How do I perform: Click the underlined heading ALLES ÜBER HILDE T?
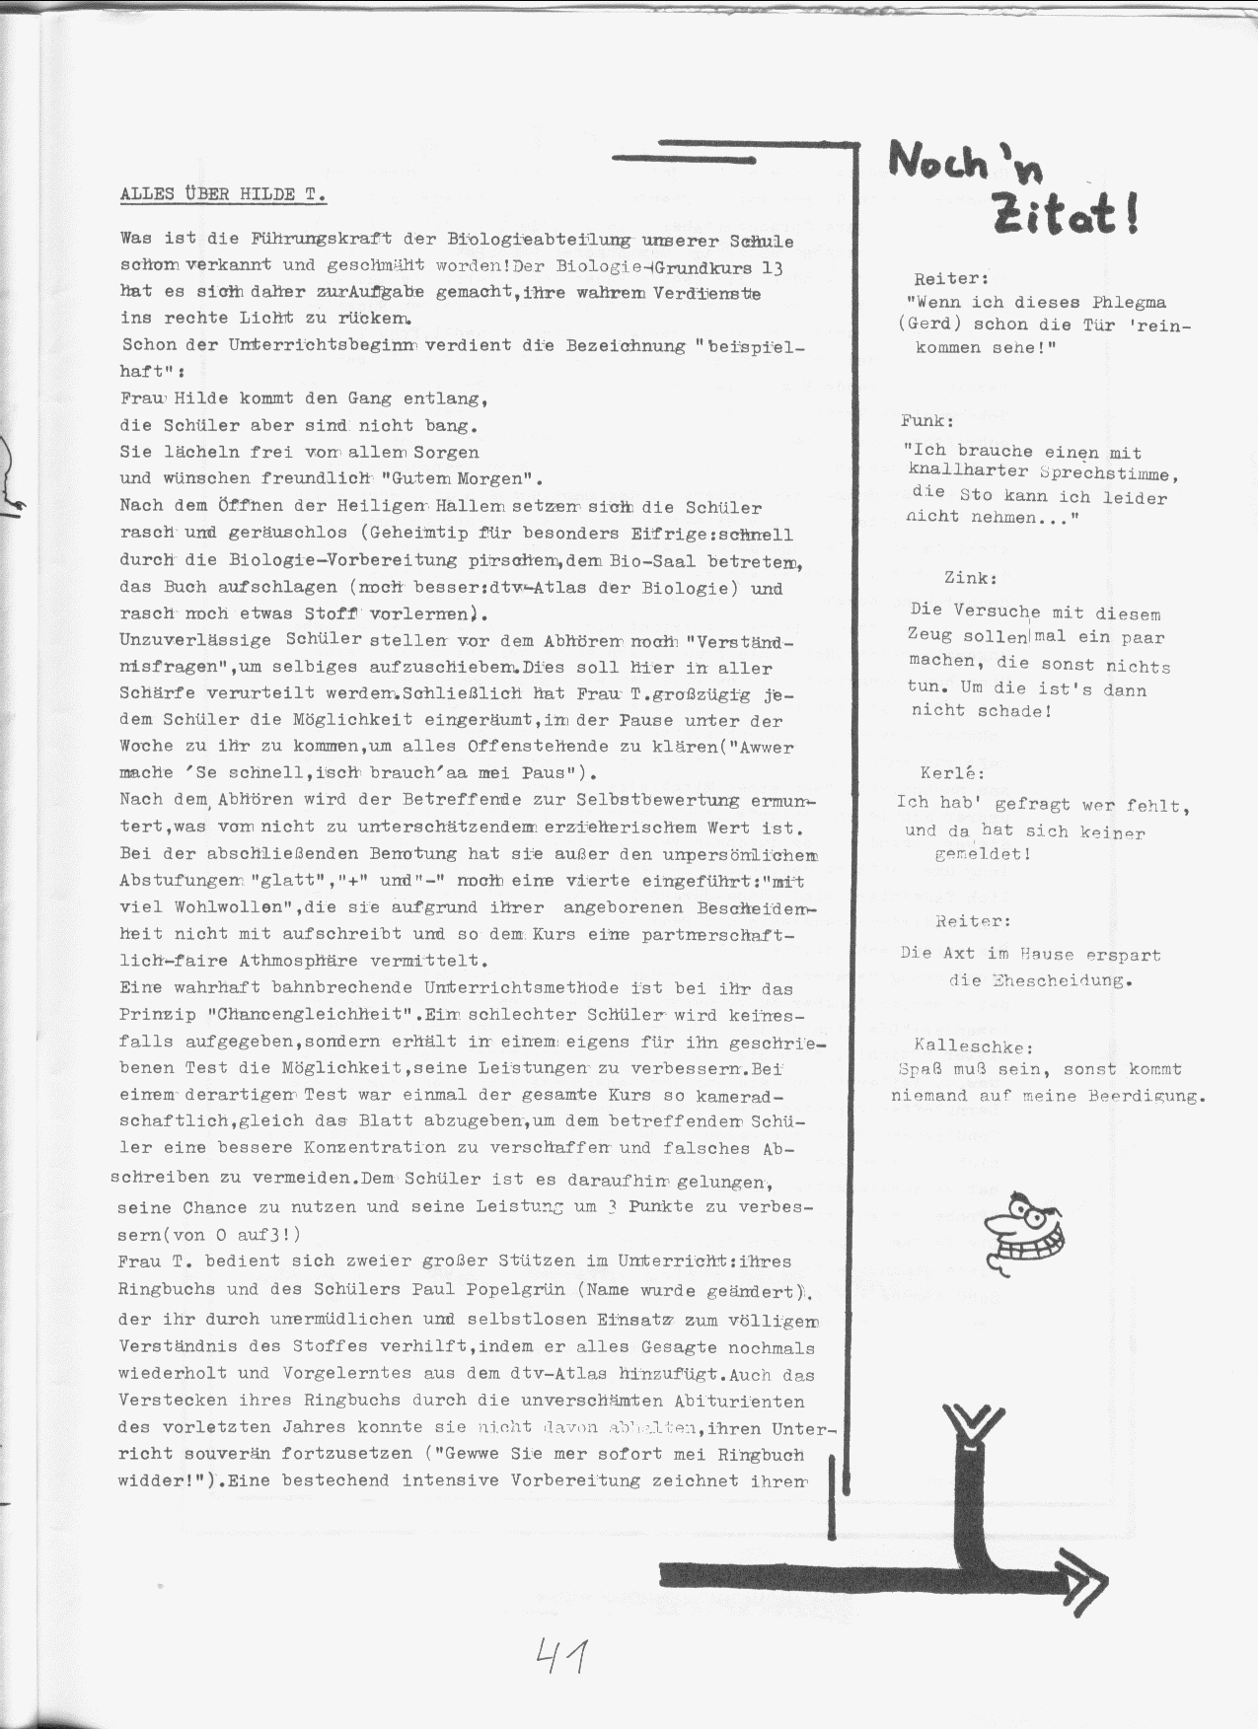(x=223, y=194)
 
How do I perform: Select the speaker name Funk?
(x=927, y=421)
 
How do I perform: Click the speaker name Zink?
(x=970, y=579)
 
